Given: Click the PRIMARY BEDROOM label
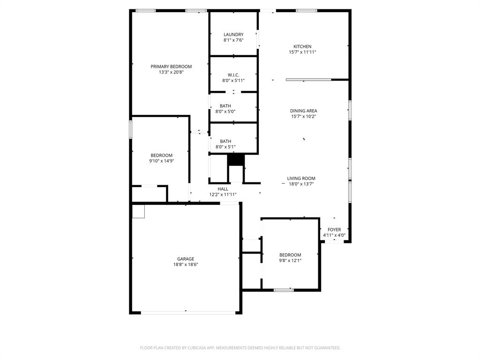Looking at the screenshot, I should tap(171, 67).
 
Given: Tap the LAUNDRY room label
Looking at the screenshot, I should tap(233, 35).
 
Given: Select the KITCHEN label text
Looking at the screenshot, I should tap(302, 46).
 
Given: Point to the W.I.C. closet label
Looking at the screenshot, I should tap(233, 75).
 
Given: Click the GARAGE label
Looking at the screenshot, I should tap(186, 259).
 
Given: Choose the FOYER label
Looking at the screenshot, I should tap(334, 230).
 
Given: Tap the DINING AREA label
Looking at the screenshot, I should tap(303, 111).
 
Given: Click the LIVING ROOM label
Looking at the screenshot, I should tap(301, 178).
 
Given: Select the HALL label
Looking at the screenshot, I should tap(223, 189).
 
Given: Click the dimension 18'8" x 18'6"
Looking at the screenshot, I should tap(186, 264).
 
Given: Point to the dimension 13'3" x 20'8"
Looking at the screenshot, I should tap(171, 72).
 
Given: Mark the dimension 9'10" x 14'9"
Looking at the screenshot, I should tap(161, 161).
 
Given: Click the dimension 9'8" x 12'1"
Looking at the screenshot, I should tap(290, 260).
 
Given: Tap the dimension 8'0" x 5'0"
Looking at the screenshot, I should tap(225, 112).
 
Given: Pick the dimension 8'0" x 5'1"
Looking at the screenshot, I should tap(225, 147).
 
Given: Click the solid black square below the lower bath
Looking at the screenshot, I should tap(236, 160).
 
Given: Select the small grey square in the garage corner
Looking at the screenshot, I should tap(139, 211).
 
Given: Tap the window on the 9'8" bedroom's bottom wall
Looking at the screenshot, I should tap(284, 290).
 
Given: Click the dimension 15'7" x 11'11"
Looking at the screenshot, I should tap(302, 52).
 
